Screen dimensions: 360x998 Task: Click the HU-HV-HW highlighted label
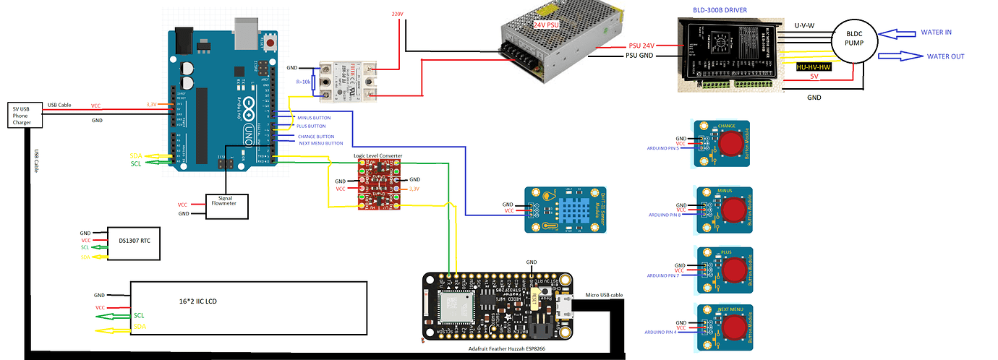coord(811,67)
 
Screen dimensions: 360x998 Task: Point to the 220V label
coord(397,14)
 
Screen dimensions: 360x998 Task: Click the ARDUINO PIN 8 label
coord(665,215)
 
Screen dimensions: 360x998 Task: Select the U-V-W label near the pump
coord(806,25)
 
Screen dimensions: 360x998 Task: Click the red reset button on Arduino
coord(271,44)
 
